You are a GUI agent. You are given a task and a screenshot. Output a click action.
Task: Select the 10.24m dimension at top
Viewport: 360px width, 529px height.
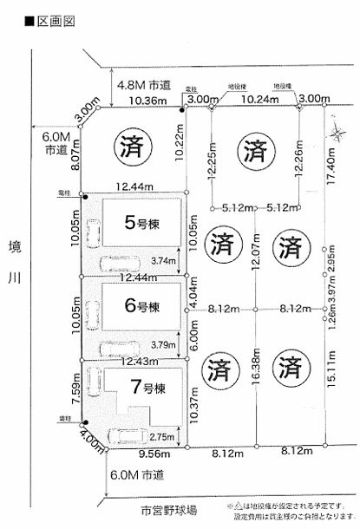[x=256, y=101]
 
